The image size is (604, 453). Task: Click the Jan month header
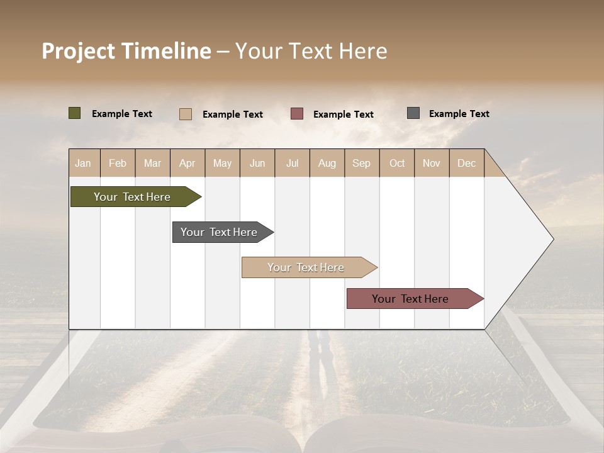click(83, 163)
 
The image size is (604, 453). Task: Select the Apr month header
click(187, 163)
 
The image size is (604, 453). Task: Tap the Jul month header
click(292, 163)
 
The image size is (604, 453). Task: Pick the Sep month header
click(361, 163)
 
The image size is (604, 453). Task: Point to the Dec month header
click(466, 163)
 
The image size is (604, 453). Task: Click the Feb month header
click(118, 163)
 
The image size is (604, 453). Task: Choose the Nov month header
click(431, 163)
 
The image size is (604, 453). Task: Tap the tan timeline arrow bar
click(306, 267)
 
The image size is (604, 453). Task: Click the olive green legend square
click(74, 113)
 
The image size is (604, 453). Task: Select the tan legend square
click(185, 114)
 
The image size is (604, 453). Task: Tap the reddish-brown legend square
click(297, 113)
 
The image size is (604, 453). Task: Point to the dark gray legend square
click(413, 113)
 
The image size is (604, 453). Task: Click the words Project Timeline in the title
click(126, 51)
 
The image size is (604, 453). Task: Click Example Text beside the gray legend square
click(459, 114)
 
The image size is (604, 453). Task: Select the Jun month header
click(257, 163)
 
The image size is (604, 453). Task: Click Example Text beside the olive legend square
click(122, 114)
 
